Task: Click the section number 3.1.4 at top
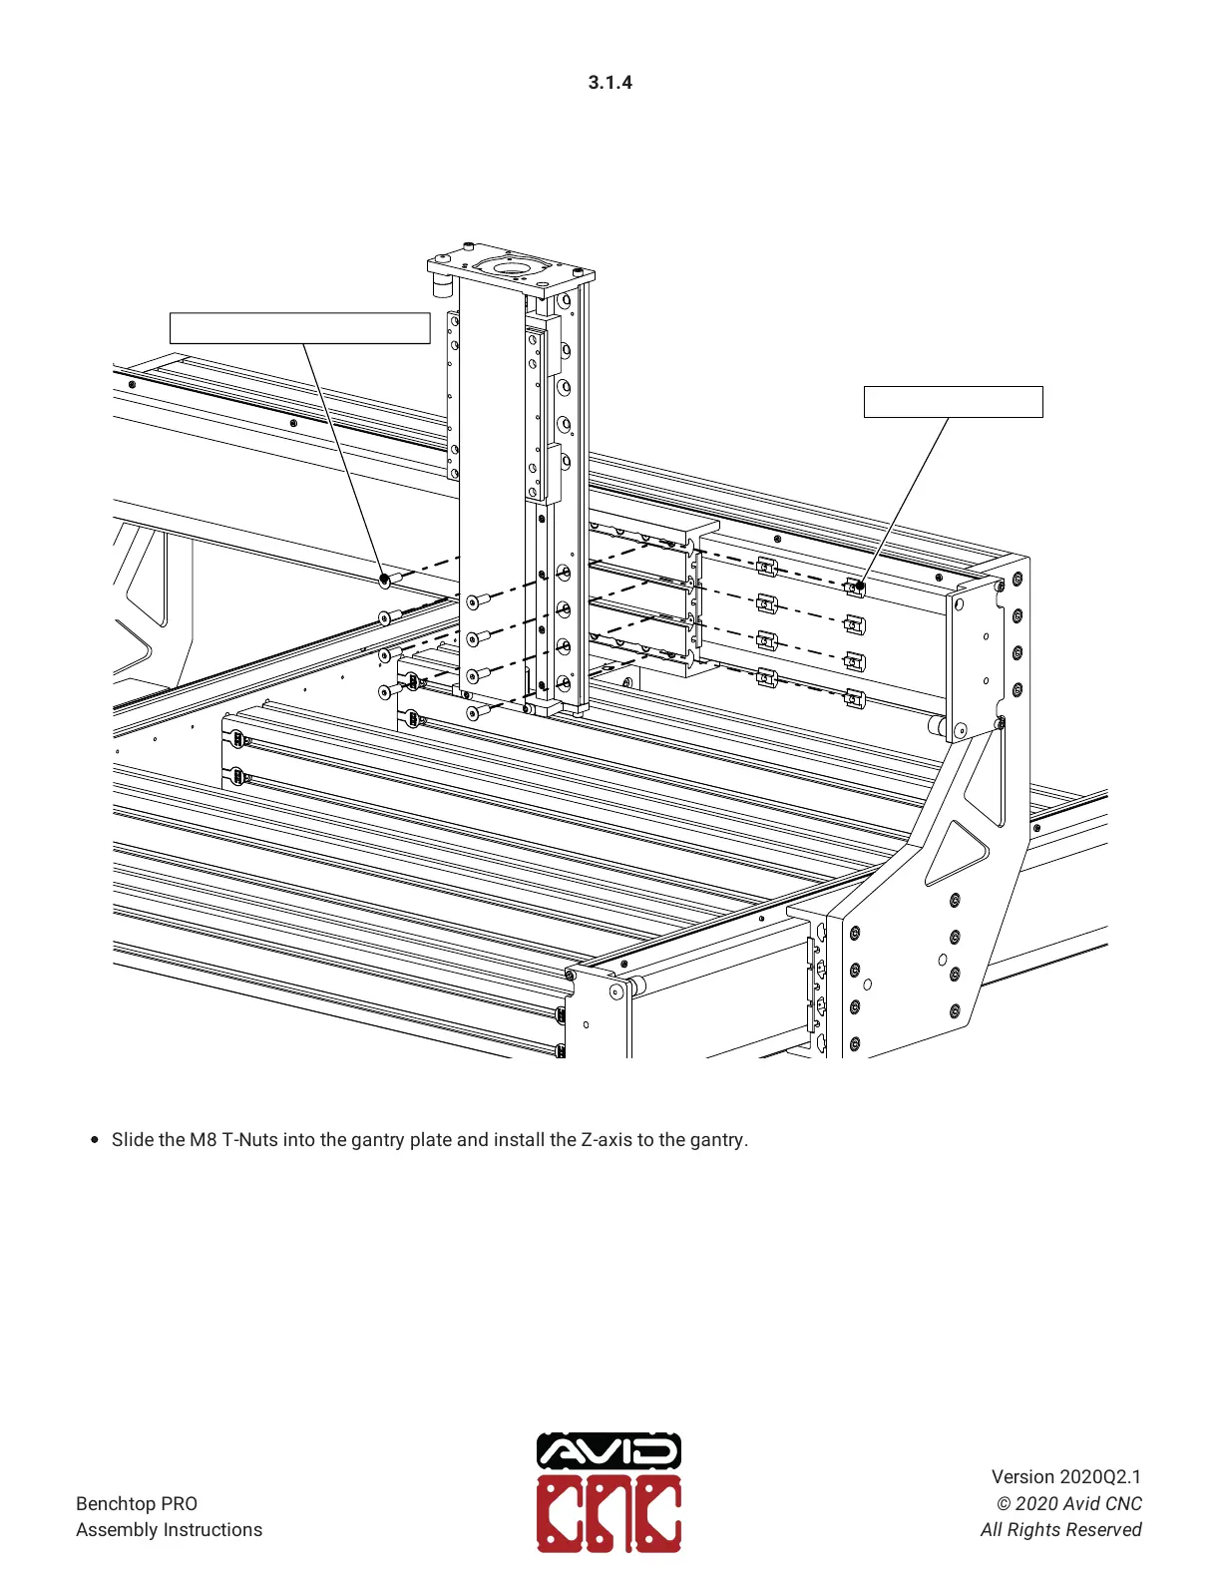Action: [x=610, y=83]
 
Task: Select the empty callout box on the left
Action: [x=299, y=328]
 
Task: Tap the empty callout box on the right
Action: [x=953, y=402]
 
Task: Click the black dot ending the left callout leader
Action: [x=384, y=579]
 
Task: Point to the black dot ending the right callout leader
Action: [x=859, y=586]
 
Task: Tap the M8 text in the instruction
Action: [x=203, y=1139]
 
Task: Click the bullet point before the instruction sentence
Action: [x=95, y=1139]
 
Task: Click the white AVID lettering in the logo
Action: [x=609, y=1451]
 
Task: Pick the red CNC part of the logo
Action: [x=609, y=1514]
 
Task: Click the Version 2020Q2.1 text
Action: [x=1065, y=1476]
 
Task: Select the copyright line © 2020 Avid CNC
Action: [x=1068, y=1503]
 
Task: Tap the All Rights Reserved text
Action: [x=1060, y=1529]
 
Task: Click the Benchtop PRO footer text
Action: [x=137, y=1503]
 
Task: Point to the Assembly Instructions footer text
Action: [x=169, y=1529]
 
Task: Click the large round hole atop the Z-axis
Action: [x=510, y=267]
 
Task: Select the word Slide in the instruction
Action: [x=134, y=1139]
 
